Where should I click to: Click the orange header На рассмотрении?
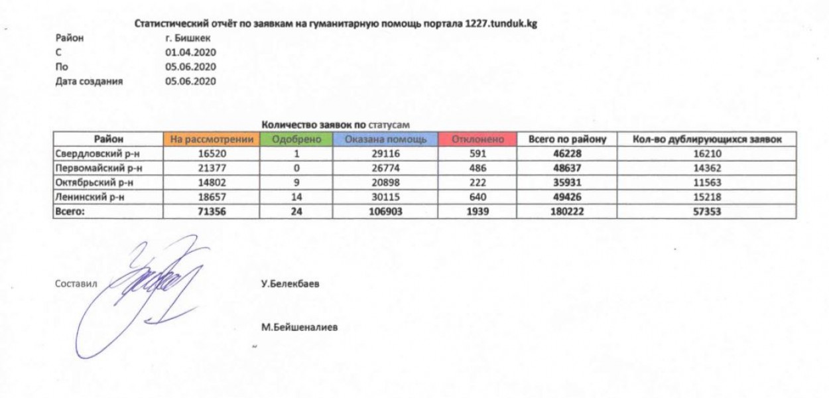pos(212,140)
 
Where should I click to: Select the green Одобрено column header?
pos(296,140)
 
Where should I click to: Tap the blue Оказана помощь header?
pos(385,140)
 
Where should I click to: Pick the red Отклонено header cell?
pos(478,140)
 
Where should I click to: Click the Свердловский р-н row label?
pos(88,154)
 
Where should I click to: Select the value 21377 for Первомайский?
pos(212,168)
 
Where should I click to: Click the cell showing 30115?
pos(385,197)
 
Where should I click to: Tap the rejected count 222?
pos(478,182)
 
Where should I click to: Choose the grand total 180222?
pos(568,212)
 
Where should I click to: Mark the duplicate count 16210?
pos(705,154)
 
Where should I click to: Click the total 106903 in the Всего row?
pos(385,212)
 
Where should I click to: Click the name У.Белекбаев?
pos(290,283)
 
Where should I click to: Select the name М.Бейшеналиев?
pos(300,327)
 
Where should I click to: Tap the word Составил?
pos(76,283)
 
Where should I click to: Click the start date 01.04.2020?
pos(190,52)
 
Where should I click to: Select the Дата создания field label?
pos(90,82)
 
